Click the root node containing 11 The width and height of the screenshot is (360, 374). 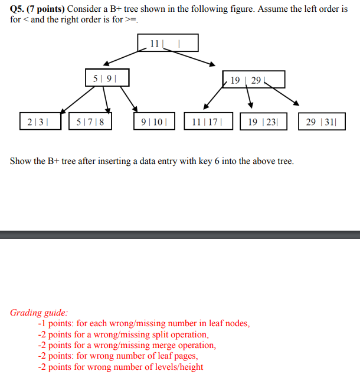pyautogui.click(x=168, y=43)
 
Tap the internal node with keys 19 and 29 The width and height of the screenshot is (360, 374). pyautogui.click(x=254, y=80)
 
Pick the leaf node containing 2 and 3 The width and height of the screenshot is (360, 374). pyautogui.click(x=34, y=122)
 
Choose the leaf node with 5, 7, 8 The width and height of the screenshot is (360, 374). pyautogui.click(x=91, y=122)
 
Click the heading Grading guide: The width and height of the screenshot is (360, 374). pyautogui.click(x=39, y=313)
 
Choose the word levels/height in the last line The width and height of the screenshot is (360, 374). pyautogui.click(x=178, y=367)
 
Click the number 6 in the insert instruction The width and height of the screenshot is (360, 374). pyautogui.click(x=217, y=161)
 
